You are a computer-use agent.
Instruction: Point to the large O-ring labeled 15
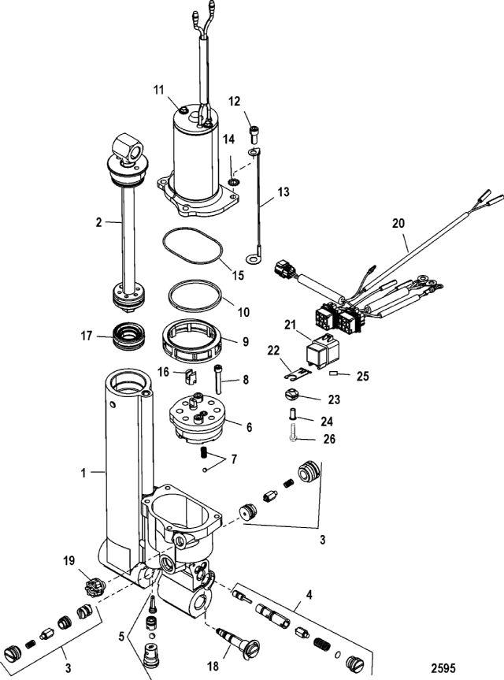[193, 246]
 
